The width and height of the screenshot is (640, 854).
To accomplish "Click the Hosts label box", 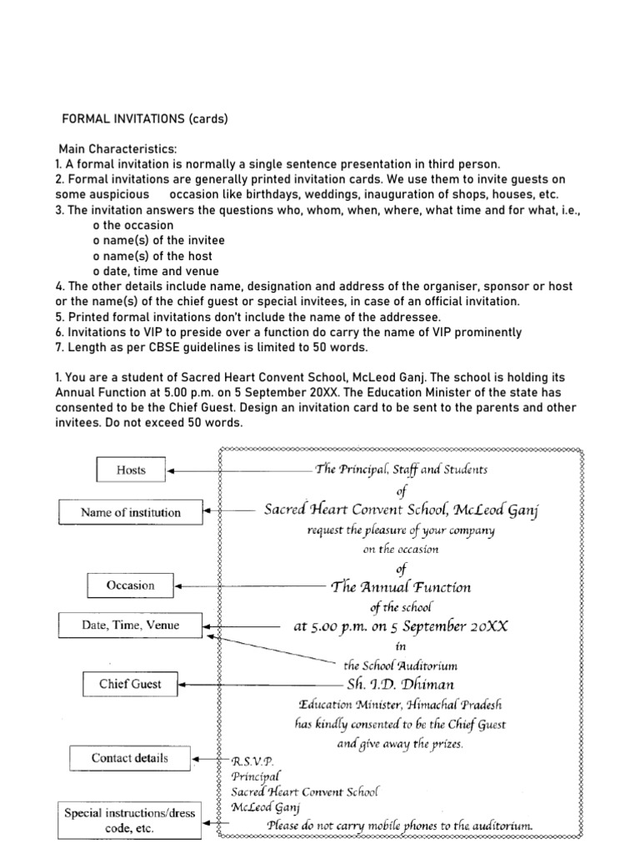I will click(131, 470).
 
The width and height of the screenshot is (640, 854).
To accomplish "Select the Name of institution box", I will click(130, 512).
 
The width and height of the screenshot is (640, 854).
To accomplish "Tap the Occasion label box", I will click(131, 585).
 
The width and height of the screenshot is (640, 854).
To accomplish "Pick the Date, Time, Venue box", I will click(130, 625).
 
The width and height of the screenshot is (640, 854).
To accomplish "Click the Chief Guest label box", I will click(130, 685).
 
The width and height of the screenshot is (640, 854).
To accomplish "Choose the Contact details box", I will click(130, 758).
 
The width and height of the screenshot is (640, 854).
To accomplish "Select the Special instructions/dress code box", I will click(130, 820).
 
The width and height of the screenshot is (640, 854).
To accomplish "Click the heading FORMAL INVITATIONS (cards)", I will click(145, 119).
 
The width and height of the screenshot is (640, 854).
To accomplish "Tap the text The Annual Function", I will click(401, 586).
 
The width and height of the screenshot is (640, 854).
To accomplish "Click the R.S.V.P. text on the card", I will click(251, 761).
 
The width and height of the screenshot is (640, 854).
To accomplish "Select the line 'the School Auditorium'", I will click(400, 666).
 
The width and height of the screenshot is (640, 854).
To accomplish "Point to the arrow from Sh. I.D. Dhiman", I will click(250, 686).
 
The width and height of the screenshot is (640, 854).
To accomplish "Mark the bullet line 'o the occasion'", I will click(133, 225).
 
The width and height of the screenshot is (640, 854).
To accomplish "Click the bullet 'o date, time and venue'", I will click(156, 271).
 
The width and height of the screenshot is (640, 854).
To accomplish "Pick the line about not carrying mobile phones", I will click(399, 826).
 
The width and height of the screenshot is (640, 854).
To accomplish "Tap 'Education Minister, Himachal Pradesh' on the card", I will click(401, 705).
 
